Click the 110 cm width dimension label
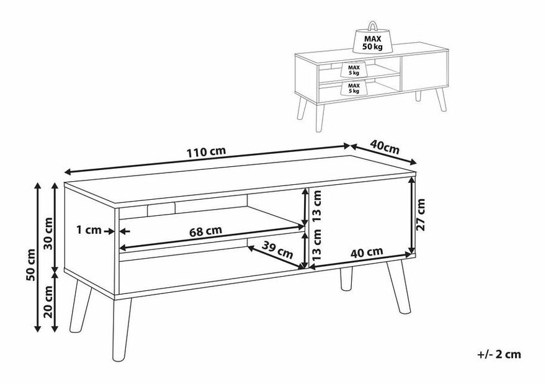207,151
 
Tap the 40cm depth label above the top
384,147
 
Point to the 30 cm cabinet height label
48,233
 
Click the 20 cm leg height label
48,301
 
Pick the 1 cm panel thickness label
89,230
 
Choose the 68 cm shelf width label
205,231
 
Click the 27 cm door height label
421,215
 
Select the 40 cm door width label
367,252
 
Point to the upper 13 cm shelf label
316,207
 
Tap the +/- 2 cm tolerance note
499,354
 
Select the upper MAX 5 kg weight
354,69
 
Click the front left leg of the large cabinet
122,329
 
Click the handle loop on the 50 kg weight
372,27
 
